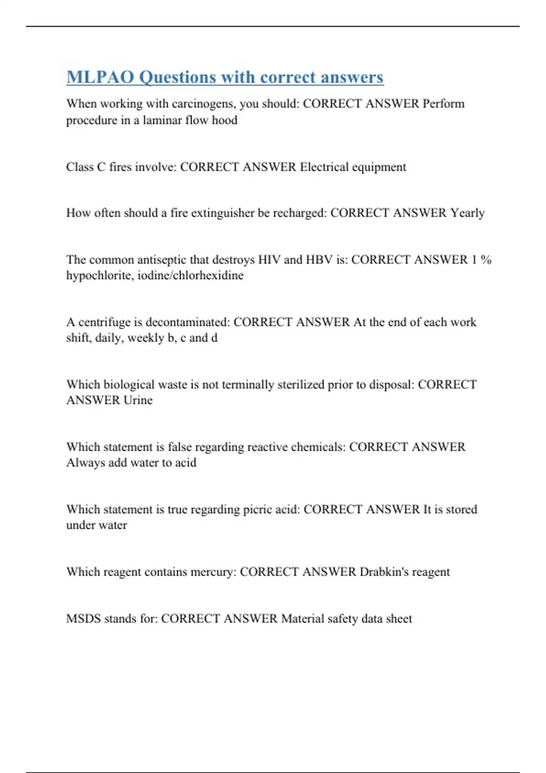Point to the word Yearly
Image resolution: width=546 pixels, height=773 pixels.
pos(467,213)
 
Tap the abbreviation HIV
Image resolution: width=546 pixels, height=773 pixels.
pos(269,260)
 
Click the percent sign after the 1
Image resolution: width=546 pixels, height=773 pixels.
pos(486,260)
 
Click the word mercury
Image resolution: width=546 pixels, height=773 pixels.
pos(213,572)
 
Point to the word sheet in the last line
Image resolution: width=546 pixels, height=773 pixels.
pos(399,618)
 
